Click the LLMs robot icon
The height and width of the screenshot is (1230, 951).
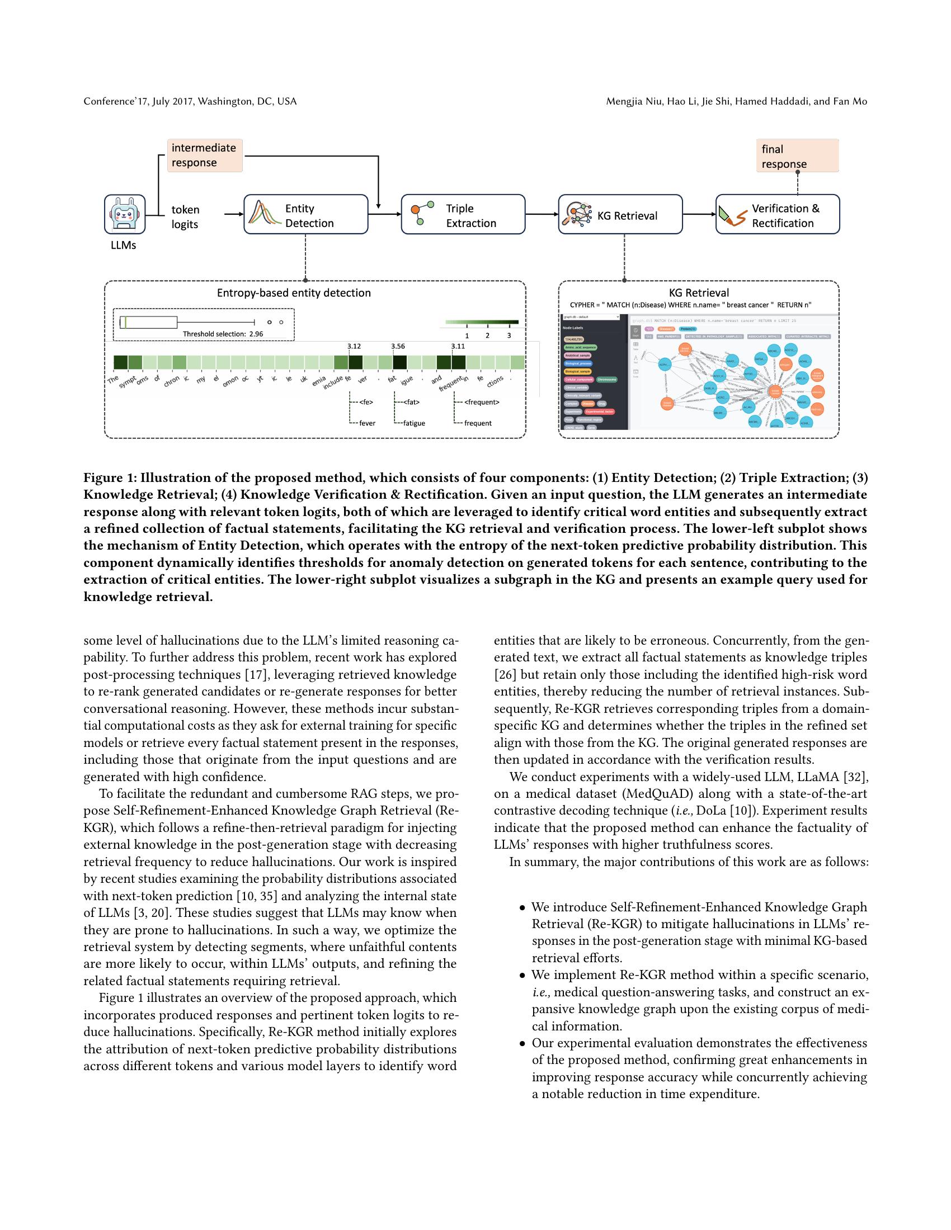coord(125,215)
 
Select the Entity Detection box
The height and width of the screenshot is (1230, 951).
coord(305,215)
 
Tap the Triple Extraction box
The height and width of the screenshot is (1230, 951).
coord(463,215)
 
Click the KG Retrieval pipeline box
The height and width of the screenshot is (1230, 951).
coord(620,215)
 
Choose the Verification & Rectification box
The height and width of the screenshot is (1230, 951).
coord(777,215)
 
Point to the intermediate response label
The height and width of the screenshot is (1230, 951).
coord(205,155)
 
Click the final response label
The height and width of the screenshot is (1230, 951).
coord(797,156)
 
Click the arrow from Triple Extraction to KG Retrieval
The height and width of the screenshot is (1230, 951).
coord(542,215)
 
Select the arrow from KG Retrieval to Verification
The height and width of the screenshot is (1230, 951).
coord(699,215)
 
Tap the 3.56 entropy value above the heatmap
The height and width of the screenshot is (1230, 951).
coord(398,347)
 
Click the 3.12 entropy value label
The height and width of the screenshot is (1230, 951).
coord(354,347)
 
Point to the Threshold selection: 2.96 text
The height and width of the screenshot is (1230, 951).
coord(223,334)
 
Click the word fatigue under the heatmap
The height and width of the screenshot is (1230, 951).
coord(413,423)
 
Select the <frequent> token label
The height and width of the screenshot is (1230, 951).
coord(482,402)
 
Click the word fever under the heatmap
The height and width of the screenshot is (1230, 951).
coord(367,423)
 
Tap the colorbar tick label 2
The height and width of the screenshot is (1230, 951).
coord(487,335)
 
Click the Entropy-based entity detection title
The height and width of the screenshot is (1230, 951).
coord(294,293)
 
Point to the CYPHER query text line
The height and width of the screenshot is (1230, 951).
coord(690,305)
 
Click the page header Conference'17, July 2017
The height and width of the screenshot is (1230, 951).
coord(190,101)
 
